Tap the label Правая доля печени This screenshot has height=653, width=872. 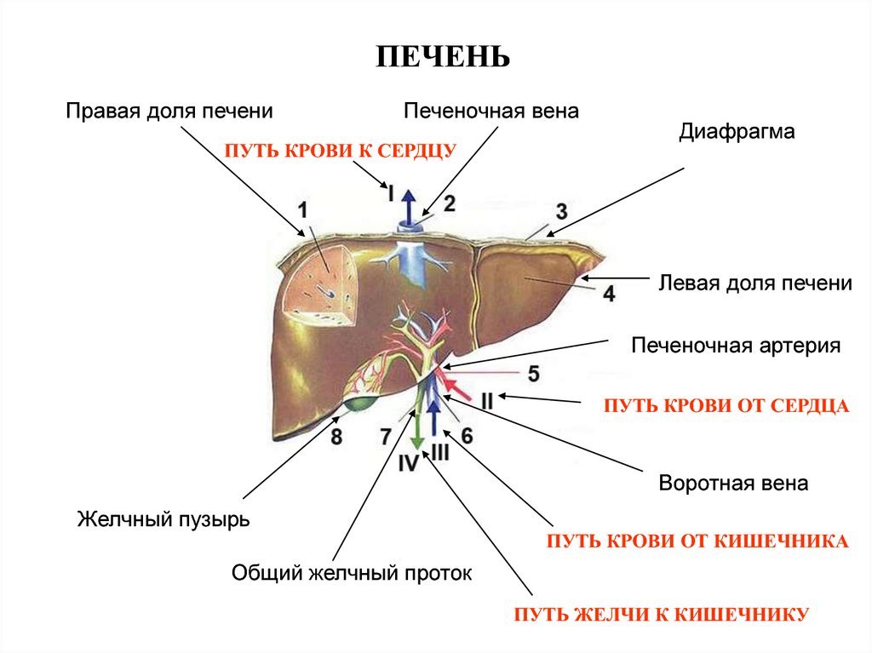(x=169, y=111)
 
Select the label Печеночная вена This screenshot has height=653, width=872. (x=491, y=111)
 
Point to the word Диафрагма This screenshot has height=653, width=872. (x=737, y=132)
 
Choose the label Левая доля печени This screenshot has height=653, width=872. (x=755, y=283)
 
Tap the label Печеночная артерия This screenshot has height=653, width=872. (x=736, y=346)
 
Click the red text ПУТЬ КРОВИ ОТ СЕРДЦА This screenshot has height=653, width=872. (x=726, y=406)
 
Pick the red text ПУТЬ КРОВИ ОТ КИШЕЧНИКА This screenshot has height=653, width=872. (x=697, y=541)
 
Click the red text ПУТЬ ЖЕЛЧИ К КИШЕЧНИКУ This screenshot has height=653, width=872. (x=660, y=614)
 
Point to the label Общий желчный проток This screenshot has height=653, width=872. (x=352, y=573)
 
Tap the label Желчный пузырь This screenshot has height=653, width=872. (x=164, y=518)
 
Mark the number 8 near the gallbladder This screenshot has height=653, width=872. (x=336, y=438)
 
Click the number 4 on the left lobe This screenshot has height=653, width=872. (x=608, y=294)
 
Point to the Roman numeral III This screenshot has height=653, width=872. (x=439, y=453)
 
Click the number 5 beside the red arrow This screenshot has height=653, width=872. (x=533, y=373)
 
